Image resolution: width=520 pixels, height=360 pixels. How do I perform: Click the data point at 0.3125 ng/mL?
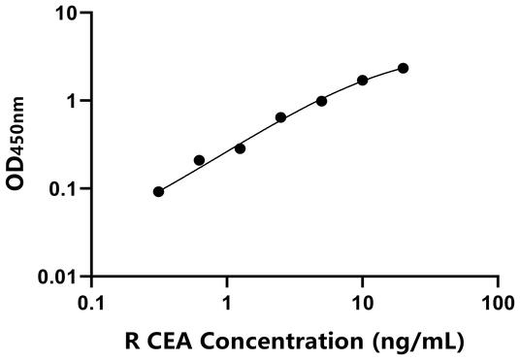(x=158, y=192)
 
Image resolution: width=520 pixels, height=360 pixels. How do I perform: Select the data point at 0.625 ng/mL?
(x=199, y=160)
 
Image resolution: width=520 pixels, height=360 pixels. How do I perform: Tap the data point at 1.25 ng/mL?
(x=240, y=148)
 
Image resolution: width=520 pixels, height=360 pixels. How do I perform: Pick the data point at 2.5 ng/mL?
(x=280, y=117)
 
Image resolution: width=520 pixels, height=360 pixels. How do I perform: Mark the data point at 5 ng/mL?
(x=321, y=101)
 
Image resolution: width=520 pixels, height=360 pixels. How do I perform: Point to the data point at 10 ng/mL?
(x=363, y=81)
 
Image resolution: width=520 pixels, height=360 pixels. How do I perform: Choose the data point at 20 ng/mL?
(x=404, y=68)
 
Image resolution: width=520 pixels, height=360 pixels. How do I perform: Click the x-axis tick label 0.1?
(x=90, y=303)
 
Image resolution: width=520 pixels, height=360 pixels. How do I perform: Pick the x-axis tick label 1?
(x=227, y=303)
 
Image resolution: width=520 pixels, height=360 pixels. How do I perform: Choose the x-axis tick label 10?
(x=363, y=303)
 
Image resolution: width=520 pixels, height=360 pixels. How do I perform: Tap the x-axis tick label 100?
(x=499, y=303)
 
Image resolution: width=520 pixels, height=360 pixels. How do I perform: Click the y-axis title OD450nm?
(x=19, y=146)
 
